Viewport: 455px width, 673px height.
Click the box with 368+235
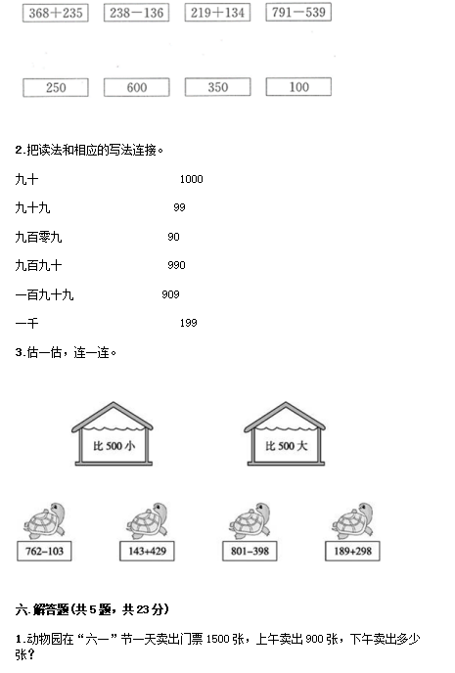(56, 13)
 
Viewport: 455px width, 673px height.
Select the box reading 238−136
(137, 13)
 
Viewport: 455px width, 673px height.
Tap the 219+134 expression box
(217, 13)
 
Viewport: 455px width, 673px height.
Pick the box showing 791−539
(298, 12)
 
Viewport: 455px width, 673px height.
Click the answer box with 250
(56, 88)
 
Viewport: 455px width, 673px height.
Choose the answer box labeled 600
(137, 88)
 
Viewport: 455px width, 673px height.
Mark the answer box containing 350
(217, 87)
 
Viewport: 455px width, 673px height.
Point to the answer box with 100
(298, 87)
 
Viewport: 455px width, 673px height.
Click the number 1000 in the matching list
(192, 179)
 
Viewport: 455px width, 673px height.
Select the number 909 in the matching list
(170, 294)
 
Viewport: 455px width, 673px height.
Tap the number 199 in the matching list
(189, 323)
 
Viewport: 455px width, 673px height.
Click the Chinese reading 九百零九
(38, 237)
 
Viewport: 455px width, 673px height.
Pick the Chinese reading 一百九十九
(44, 294)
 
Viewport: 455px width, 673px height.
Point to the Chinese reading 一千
(26, 323)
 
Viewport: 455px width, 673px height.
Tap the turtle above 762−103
(45, 521)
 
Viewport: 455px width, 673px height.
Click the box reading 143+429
(147, 551)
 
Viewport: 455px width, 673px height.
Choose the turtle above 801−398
(250, 521)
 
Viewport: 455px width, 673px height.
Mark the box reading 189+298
(352, 551)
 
